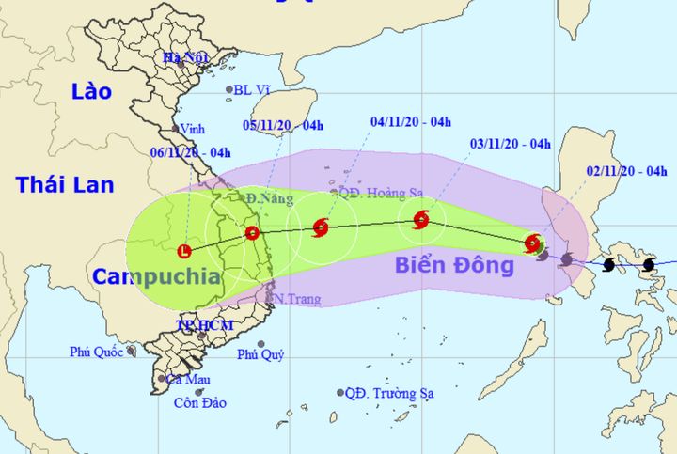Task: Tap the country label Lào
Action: [x=90, y=91]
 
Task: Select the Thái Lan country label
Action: [x=63, y=184]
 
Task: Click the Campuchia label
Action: [x=156, y=276]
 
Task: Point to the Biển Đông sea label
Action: [x=454, y=265]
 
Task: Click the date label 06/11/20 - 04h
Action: [x=191, y=152]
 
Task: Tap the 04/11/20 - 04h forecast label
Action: [x=411, y=120]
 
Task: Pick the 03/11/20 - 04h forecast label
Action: [x=510, y=144]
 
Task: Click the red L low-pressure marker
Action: [x=184, y=251]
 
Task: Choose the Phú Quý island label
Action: [x=260, y=354]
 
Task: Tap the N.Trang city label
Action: [x=297, y=299]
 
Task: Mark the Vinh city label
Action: [x=193, y=130]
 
